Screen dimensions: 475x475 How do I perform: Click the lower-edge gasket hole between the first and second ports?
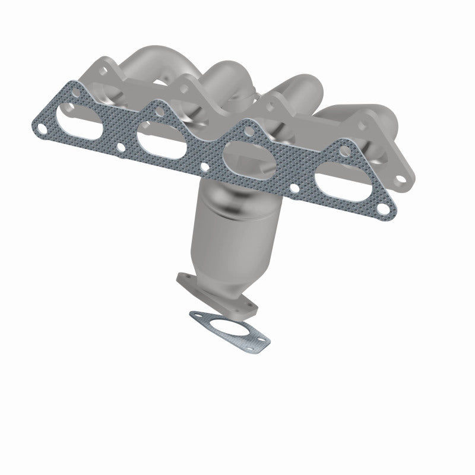click(x=121, y=147)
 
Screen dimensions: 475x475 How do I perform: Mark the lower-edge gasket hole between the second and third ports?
click(x=205, y=168)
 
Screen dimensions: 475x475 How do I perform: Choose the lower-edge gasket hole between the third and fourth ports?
click(x=293, y=190)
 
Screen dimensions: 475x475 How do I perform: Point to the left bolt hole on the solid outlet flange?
click(x=183, y=279)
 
